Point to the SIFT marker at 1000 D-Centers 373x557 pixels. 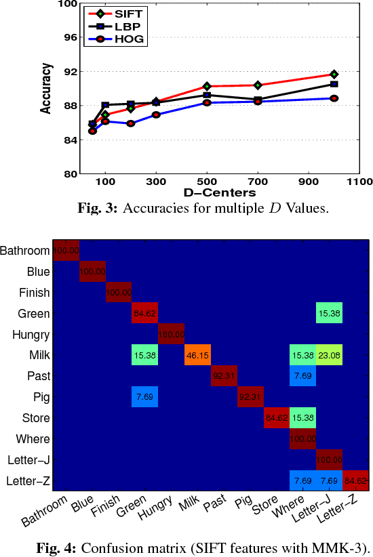(x=334, y=74)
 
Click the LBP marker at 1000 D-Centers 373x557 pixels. (x=334, y=84)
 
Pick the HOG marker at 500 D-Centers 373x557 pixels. (x=207, y=102)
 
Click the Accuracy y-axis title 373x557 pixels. (x=45, y=88)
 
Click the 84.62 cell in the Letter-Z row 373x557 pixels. (x=355, y=481)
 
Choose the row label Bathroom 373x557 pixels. (x=26, y=251)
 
